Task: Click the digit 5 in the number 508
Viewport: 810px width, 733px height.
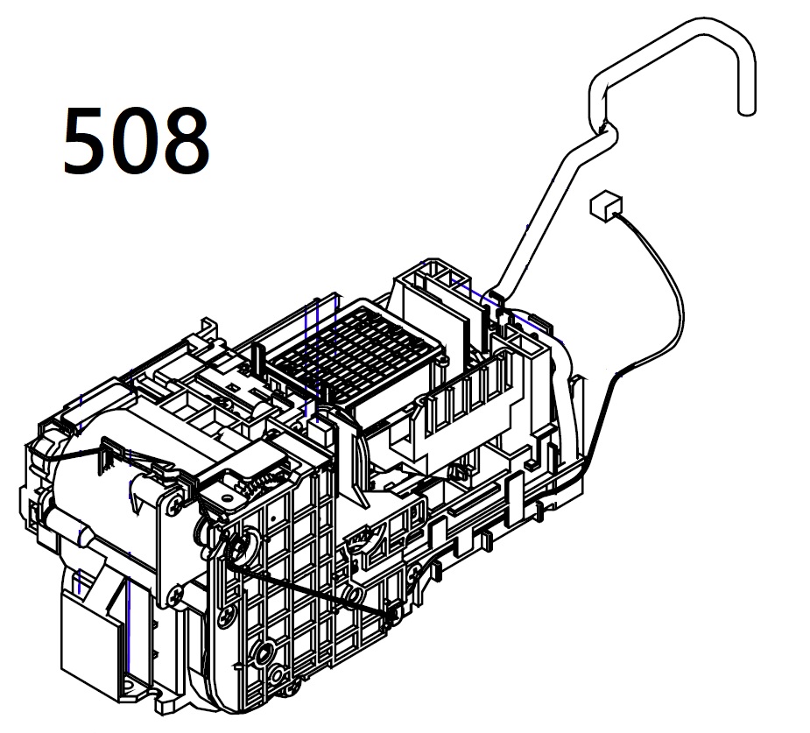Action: pyautogui.click(x=84, y=139)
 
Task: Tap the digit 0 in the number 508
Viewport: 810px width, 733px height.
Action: pyautogui.click(x=134, y=140)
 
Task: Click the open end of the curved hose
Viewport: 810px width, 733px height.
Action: pyautogui.click(x=746, y=109)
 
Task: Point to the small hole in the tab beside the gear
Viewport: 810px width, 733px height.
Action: pyautogui.click(x=226, y=497)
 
